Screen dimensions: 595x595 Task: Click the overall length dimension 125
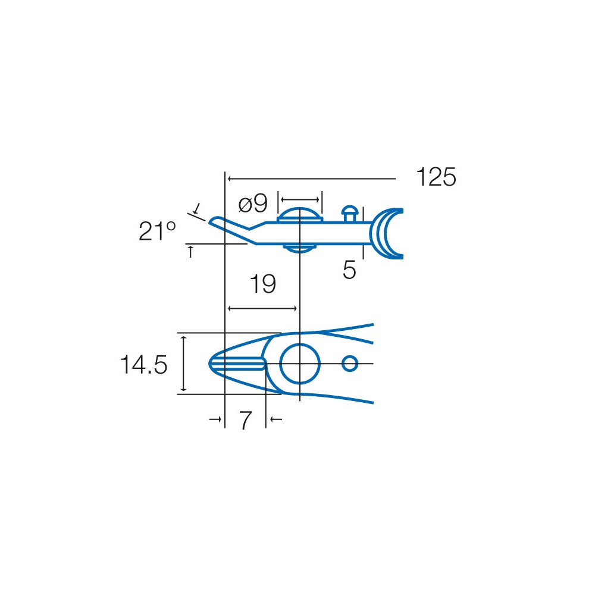[x=436, y=177]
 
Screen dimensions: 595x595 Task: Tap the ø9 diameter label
[x=253, y=203]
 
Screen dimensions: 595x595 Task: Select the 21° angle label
[x=157, y=231]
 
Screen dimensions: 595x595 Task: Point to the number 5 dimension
[x=349, y=270]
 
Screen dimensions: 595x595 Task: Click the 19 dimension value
[x=262, y=284]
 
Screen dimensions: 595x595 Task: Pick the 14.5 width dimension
[x=143, y=365]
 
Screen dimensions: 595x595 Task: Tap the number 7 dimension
[x=245, y=421]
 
